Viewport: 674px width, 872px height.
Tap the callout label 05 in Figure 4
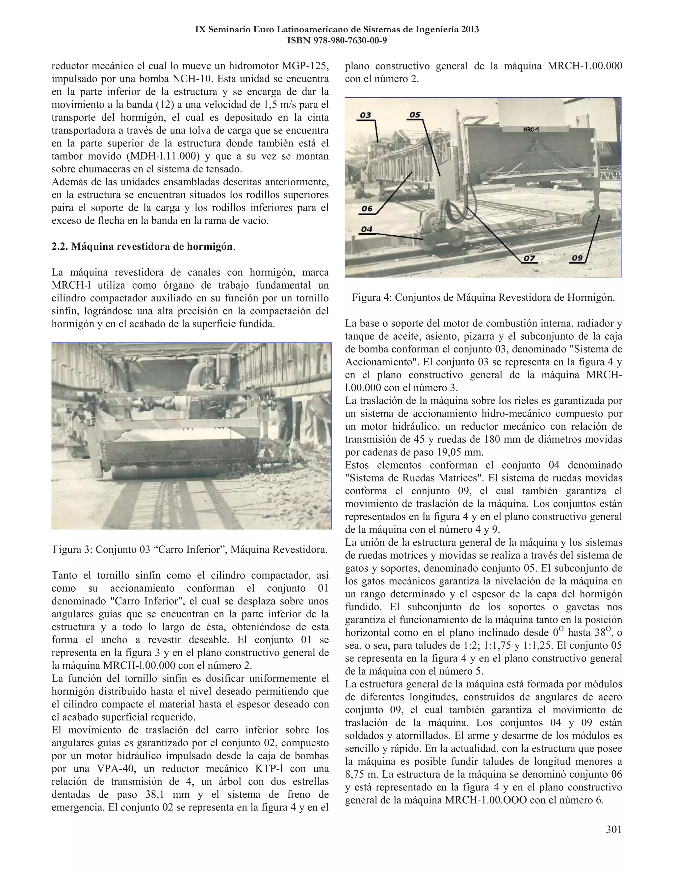tap(415, 115)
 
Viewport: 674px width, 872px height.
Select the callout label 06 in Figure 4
tap(367, 208)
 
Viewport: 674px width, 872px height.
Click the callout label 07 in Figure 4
tap(529, 258)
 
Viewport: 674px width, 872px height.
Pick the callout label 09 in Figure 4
tap(577, 258)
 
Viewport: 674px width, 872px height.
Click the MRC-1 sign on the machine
tap(531, 130)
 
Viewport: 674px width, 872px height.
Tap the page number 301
tap(613, 830)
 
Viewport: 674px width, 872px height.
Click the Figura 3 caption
tap(190, 550)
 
